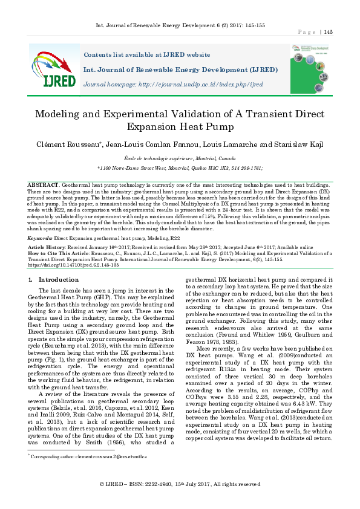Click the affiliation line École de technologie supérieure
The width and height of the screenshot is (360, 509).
(x=180, y=157)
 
